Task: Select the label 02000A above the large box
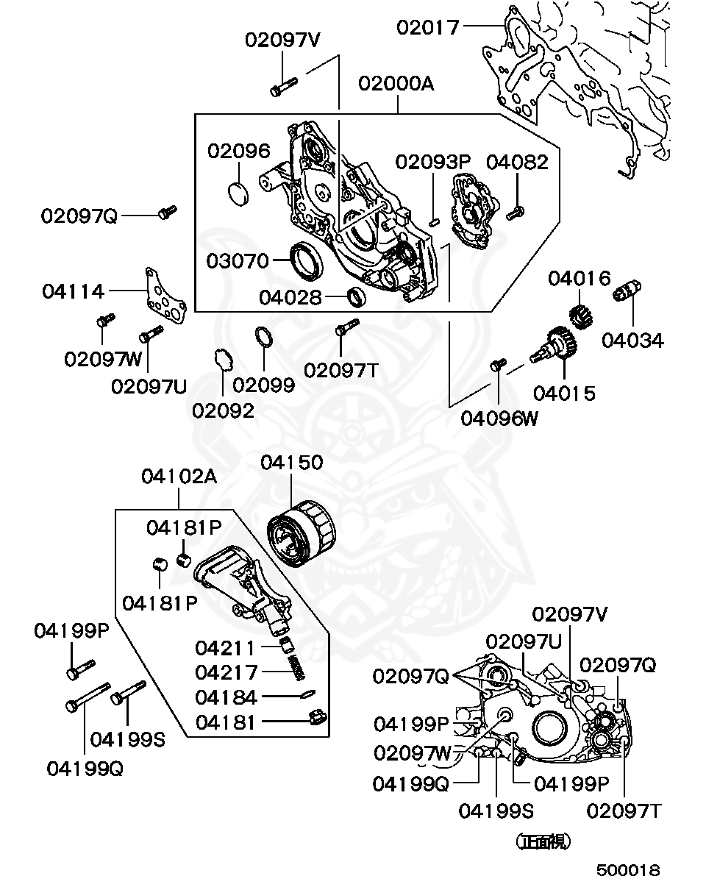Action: [396, 84]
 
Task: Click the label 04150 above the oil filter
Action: [291, 463]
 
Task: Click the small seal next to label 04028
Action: [357, 297]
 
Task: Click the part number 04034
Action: [632, 341]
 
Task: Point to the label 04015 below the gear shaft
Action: [564, 394]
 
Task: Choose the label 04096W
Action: [499, 419]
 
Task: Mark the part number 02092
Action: [223, 410]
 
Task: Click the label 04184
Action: [226, 697]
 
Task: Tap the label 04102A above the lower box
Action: [179, 477]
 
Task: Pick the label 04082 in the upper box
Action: [517, 162]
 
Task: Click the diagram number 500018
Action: [628, 870]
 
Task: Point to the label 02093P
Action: [432, 162]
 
